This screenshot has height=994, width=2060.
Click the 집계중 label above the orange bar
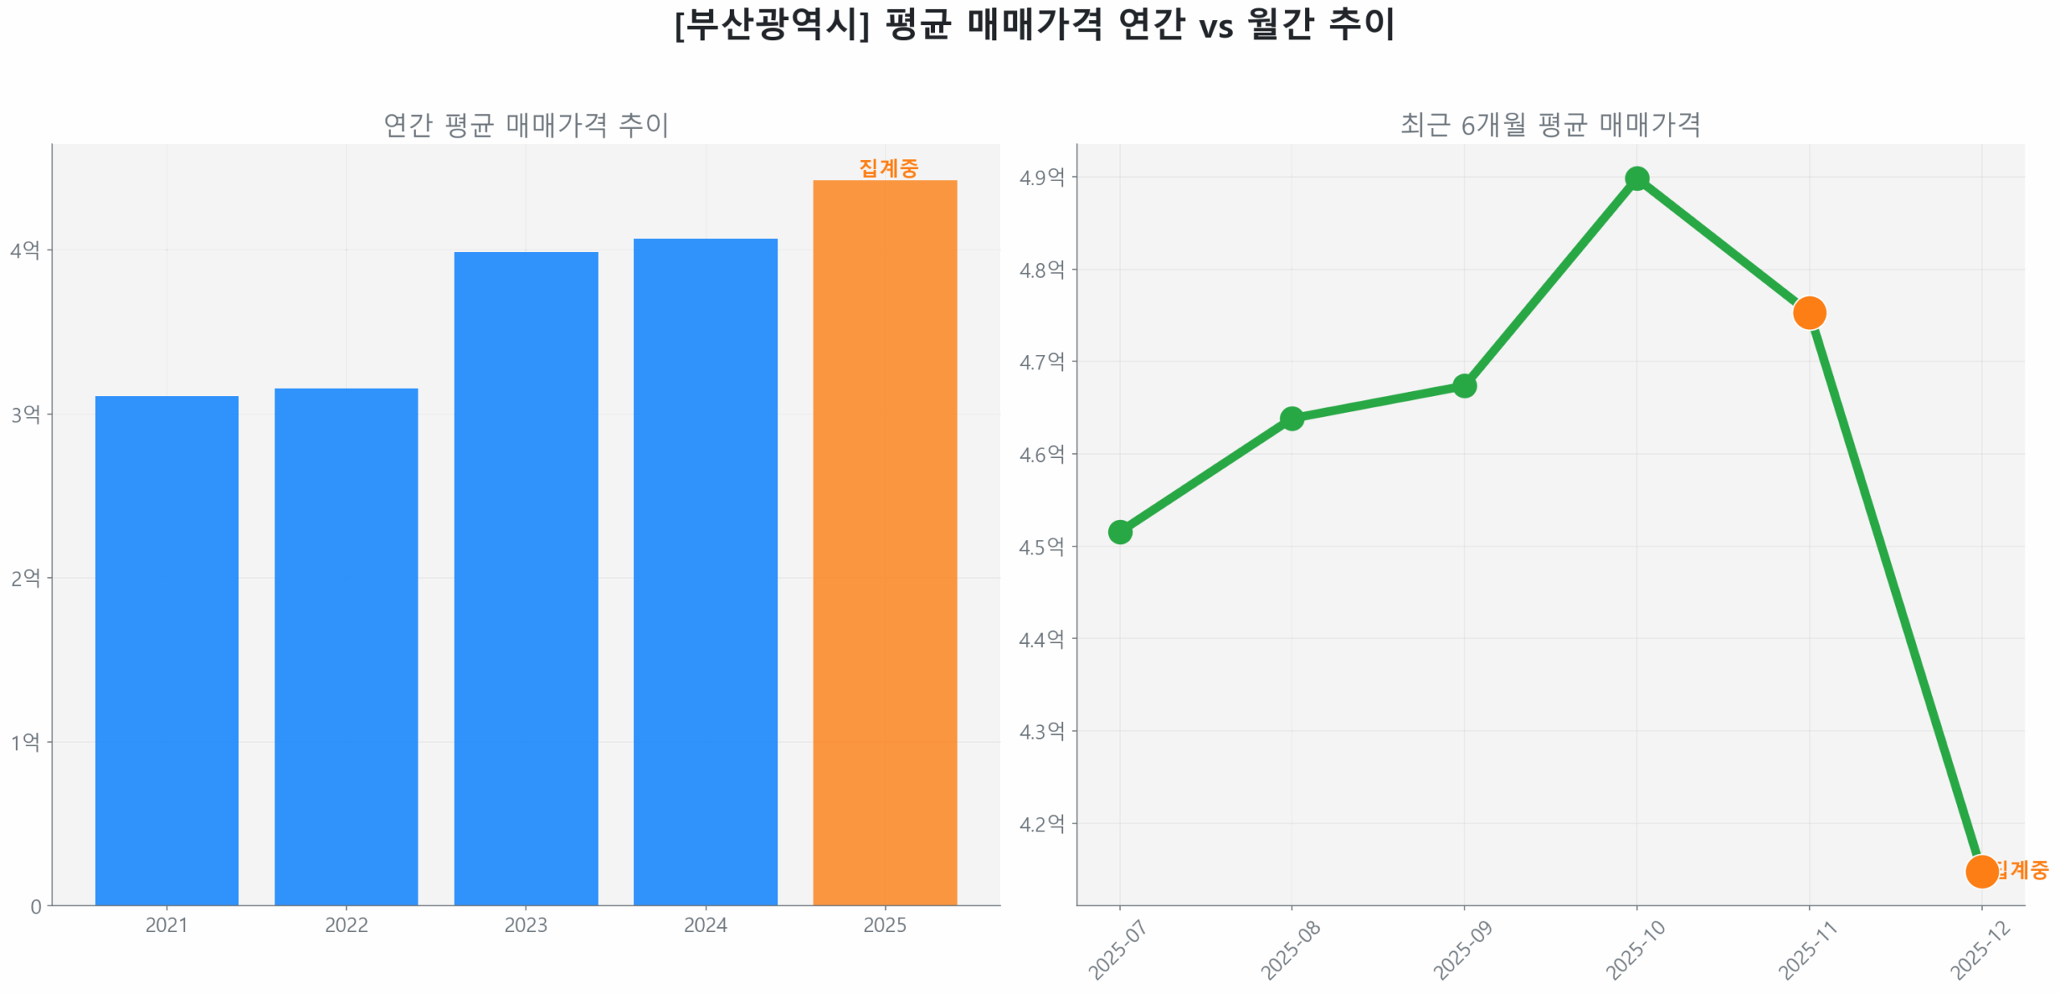888,167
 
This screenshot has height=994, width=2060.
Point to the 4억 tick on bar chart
25,250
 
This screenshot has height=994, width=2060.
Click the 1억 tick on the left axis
25,741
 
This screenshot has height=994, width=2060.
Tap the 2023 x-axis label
525,925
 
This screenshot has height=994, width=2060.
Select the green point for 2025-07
1119,531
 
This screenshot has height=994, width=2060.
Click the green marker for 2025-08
1292,418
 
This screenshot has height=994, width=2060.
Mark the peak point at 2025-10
1636,179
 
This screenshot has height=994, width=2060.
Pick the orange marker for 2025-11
1808,312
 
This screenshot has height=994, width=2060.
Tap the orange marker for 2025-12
1980,871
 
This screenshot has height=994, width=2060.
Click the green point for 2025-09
1464,386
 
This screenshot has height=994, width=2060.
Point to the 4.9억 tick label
1041,177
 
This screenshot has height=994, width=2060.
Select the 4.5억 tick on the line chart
1041,546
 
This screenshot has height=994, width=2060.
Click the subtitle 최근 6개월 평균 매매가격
1550,125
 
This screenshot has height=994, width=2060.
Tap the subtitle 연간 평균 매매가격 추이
525,125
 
